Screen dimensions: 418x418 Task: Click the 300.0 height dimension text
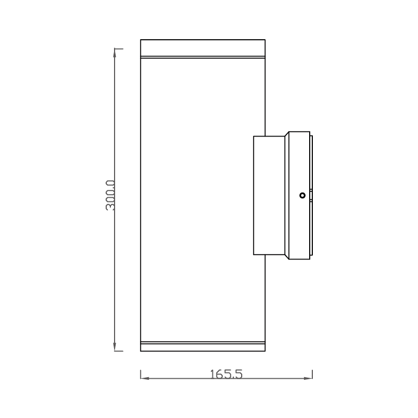pos(110,196)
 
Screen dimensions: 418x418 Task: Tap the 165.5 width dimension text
pos(226,374)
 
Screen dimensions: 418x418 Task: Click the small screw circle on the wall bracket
pos(302,196)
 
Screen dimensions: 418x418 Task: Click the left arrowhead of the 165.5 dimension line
pos(145,377)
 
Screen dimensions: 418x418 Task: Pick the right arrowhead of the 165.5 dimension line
pos(308,377)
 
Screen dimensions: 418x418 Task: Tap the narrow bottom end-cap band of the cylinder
pos(203,347)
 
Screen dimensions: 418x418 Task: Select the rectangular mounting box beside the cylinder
pos(269,196)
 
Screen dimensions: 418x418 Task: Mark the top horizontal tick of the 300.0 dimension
pos(119,49)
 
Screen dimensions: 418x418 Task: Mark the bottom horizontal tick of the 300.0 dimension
pos(119,351)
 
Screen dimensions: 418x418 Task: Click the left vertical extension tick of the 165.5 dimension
pos(141,374)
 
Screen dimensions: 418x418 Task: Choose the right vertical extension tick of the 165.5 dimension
pos(312,374)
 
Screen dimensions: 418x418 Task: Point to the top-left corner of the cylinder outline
pos(141,39)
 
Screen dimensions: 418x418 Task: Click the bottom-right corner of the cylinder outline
pos(265,351)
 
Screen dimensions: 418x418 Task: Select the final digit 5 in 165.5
pos(239,374)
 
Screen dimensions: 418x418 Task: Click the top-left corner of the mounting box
pos(254,137)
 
